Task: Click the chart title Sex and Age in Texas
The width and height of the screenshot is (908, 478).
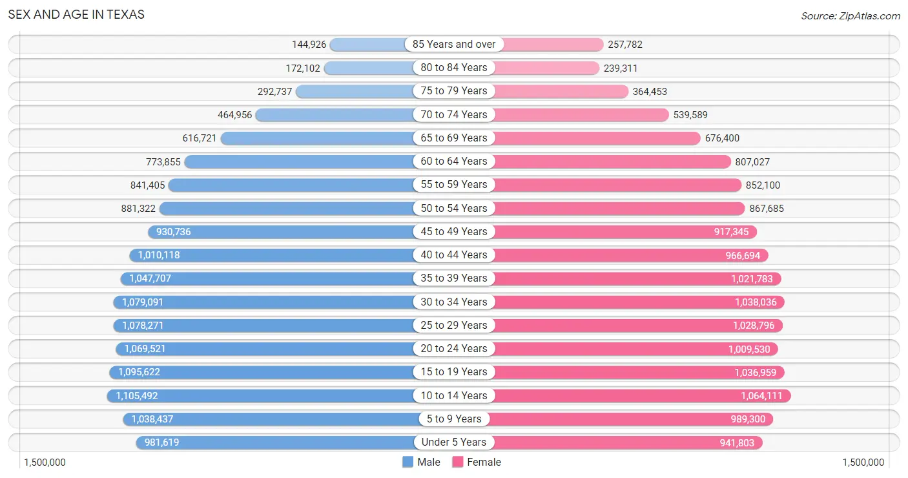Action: tap(76, 14)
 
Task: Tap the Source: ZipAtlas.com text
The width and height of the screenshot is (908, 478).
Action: tap(850, 16)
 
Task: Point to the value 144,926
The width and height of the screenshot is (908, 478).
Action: tap(309, 45)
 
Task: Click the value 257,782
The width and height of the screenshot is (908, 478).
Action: tap(625, 45)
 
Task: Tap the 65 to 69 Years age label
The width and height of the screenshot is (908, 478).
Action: tap(454, 138)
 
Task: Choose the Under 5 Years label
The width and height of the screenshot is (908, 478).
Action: tap(454, 442)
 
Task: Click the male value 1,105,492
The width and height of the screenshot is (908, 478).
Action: tap(137, 396)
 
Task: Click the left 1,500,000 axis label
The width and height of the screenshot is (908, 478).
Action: tap(45, 462)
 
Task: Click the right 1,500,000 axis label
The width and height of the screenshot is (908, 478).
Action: tap(863, 462)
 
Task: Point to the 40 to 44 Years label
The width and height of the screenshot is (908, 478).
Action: tap(454, 255)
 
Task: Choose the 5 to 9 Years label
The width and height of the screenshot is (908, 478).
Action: tap(454, 419)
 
